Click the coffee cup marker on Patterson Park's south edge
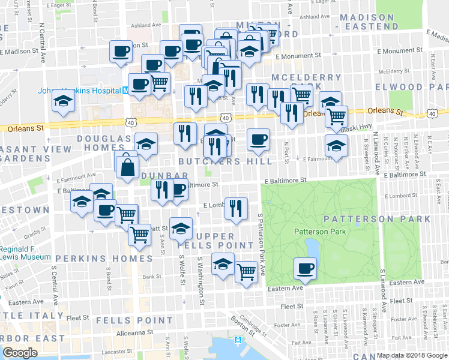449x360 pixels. tap(305, 268)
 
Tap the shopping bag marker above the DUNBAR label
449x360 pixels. tap(129, 167)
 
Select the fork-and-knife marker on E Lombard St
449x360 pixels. tap(236, 208)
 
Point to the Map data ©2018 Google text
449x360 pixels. tap(412, 355)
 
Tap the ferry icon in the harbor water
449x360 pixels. tap(238, 340)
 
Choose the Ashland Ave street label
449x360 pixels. tap(148, 25)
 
